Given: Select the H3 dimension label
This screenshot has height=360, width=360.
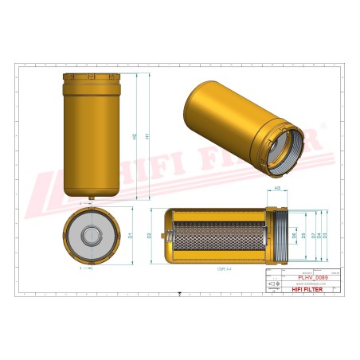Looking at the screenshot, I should pyautogui.click(x=276, y=188).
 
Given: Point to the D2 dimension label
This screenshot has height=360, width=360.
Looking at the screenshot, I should pyautogui.click(x=150, y=237).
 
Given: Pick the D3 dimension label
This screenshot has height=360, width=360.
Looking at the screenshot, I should pyautogui.click(x=325, y=235).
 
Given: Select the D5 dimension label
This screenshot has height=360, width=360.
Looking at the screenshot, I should pyautogui.click(x=303, y=235).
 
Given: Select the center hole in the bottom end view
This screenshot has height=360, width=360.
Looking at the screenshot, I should pyautogui.click(x=92, y=235).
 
